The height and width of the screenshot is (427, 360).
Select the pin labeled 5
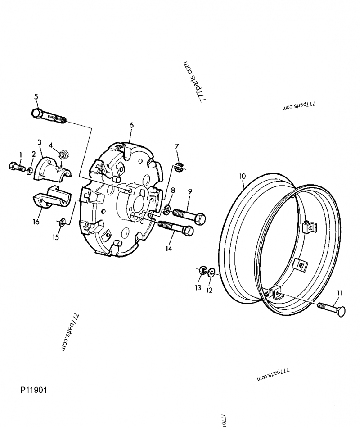[47, 115]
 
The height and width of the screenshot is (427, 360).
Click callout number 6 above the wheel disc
[131, 124]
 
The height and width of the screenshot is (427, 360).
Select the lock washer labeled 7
[179, 168]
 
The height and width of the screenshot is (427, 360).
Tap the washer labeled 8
[167, 208]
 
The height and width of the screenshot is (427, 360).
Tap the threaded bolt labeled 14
[175, 227]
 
